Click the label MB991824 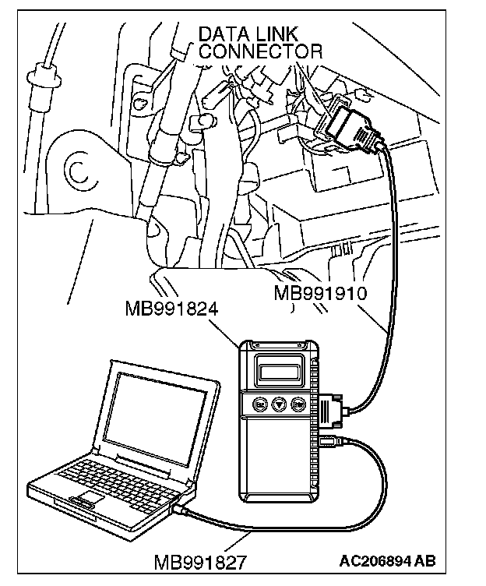pyautogui.click(x=171, y=309)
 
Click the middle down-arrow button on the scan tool pyautogui.click(x=279, y=404)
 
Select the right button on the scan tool pyautogui.click(x=298, y=404)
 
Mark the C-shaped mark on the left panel pyautogui.click(x=76, y=170)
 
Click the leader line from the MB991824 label pyautogui.click(x=231, y=330)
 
